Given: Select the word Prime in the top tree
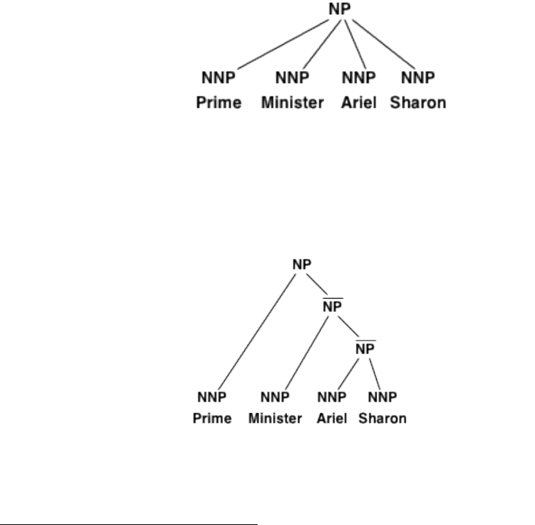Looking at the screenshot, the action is (218, 103).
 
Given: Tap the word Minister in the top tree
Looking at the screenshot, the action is (292, 103).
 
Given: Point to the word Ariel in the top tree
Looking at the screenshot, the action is (359, 103).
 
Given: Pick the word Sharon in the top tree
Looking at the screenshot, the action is (419, 103).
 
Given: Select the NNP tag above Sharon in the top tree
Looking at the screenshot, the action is (418, 77).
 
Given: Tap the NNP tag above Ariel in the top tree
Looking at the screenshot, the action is (359, 77).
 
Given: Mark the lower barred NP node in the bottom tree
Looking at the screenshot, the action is (365, 349).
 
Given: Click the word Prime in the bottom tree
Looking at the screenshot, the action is (213, 419).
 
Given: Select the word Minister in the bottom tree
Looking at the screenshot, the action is (275, 419).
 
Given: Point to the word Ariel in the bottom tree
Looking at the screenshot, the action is (332, 419).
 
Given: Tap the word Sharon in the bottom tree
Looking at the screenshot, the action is (382, 419).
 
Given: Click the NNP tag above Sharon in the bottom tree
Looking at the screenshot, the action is (382, 396).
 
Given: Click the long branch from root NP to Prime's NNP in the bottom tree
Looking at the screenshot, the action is (258, 330).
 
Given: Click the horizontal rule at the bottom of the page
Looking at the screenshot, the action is (128, 505).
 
